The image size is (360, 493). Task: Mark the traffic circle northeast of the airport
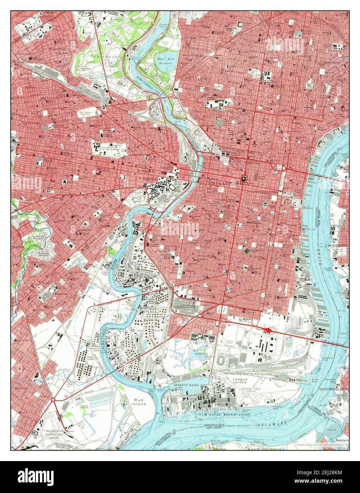click(x=53, y=400)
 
